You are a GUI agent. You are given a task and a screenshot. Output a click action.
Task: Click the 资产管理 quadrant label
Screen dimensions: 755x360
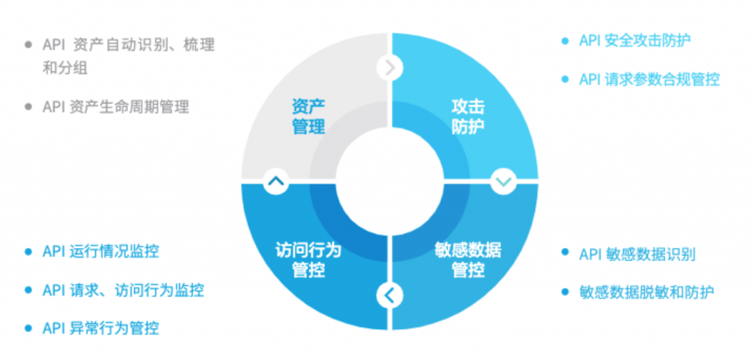[x=309, y=117]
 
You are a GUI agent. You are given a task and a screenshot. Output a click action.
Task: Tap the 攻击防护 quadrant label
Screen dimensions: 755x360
[x=468, y=117]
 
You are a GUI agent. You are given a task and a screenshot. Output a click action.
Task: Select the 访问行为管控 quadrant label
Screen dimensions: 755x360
[x=309, y=260]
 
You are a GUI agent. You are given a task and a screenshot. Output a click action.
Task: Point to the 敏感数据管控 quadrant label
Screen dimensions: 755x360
[x=468, y=260]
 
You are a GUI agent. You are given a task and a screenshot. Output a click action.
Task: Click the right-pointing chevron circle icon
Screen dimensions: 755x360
[x=389, y=69]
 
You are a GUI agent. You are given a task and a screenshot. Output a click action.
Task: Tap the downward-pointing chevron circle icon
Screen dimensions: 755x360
[x=504, y=181]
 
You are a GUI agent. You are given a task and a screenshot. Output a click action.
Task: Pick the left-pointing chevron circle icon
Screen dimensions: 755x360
[x=389, y=294]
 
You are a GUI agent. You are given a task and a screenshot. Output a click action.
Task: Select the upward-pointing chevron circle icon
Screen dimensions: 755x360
[x=276, y=181]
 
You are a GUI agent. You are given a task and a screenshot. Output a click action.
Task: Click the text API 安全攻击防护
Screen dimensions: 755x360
[x=635, y=41]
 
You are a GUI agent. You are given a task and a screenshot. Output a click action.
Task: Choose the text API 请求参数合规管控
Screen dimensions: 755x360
[x=649, y=80]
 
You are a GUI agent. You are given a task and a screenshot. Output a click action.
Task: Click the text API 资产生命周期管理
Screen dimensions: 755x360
[x=116, y=106]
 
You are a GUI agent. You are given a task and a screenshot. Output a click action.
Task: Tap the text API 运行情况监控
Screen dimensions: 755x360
[x=100, y=251]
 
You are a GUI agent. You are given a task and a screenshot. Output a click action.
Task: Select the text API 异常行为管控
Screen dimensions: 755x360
[x=100, y=328]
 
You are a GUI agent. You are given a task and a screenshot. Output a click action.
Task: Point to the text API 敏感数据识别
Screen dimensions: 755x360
[x=637, y=254]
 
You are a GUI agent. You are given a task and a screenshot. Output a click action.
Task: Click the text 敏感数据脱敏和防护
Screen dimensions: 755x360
[x=647, y=291]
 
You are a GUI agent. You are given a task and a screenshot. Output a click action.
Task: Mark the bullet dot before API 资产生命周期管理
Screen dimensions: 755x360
[x=29, y=106]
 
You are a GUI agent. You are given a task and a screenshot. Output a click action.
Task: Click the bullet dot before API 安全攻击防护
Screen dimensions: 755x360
[x=565, y=41]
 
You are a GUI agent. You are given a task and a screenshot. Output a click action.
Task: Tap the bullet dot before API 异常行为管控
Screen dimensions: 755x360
[x=29, y=328]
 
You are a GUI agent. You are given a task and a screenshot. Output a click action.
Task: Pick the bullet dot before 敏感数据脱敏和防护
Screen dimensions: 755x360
[x=565, y=291]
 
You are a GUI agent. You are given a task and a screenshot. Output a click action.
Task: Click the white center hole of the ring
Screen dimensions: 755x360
[x=389, y=181]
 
